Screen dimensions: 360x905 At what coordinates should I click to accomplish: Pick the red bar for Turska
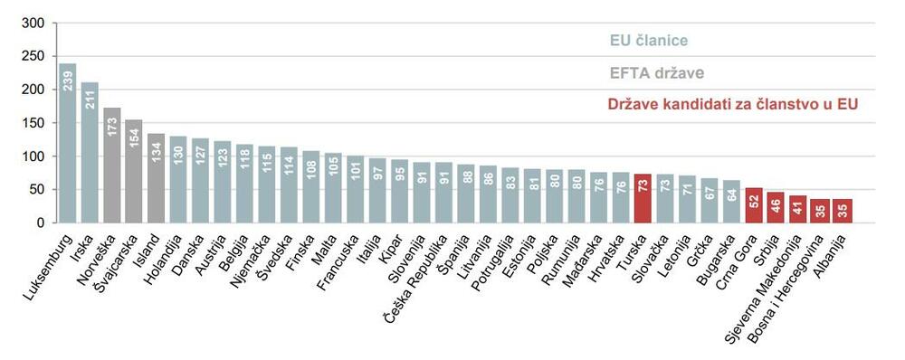[x=643, y=198]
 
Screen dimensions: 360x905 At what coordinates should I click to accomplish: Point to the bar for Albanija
[x=843, y=211]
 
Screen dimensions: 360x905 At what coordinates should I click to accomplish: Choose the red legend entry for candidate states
[x=733, y=105]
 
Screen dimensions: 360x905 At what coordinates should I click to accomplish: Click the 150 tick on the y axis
[x=32, y=123]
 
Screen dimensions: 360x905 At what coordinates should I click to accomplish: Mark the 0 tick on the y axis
[x=39, y=223]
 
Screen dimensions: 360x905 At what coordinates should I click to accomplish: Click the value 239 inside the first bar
[x=67, y=80]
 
